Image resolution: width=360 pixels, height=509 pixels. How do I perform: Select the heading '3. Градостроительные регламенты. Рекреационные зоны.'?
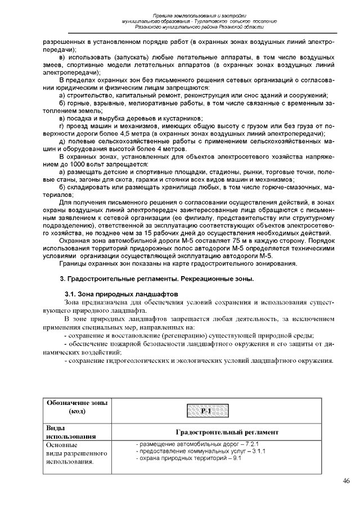click(x=157, y=279)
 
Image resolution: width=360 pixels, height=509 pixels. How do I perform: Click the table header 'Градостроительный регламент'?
click(x=227, y=432)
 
